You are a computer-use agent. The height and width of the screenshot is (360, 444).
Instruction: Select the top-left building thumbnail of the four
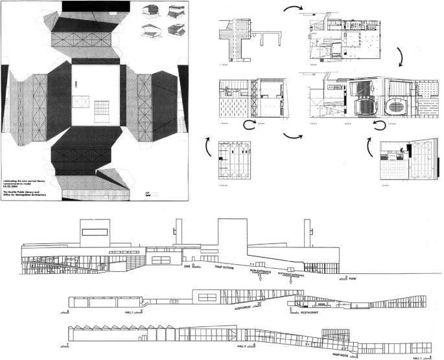149,11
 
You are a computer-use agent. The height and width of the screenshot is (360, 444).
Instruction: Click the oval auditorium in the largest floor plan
395,106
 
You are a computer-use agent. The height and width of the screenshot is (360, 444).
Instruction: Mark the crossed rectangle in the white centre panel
80,102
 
